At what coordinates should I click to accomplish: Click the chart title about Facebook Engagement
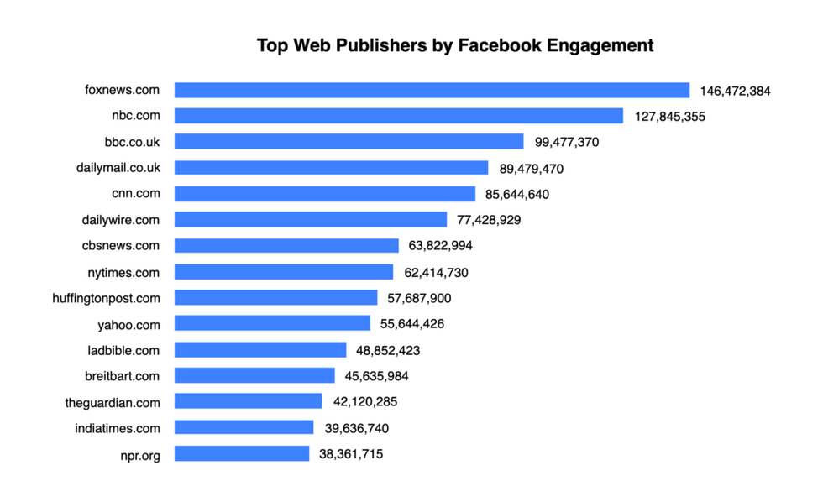pos(454,45)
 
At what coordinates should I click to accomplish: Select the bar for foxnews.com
pos(432,90)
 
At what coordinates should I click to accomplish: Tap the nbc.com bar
pos(399,116)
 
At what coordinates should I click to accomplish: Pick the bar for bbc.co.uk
pos(349,142)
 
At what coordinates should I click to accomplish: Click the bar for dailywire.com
pos(311,220)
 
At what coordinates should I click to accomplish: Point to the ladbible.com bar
pos(260,350)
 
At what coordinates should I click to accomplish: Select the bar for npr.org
pos(242,454)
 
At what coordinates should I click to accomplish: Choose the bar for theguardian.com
pos(249,402)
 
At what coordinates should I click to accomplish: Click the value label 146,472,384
pos(735,91)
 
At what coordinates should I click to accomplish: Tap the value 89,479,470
pos(531,169)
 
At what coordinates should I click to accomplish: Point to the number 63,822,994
pos(442,246)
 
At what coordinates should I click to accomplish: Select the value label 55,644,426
pos(412,324)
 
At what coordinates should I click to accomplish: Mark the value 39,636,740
pos(356,428)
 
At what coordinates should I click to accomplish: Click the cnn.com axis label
pos(135,194)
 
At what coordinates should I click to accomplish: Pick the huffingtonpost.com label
pos(107,298)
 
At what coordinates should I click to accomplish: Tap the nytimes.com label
pos(123,272)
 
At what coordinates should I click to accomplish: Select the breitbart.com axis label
pos(123,376)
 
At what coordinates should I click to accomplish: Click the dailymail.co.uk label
pos(118,168)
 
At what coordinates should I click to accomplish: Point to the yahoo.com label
pos(128,324)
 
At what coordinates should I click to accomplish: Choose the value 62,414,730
pos(436,272)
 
